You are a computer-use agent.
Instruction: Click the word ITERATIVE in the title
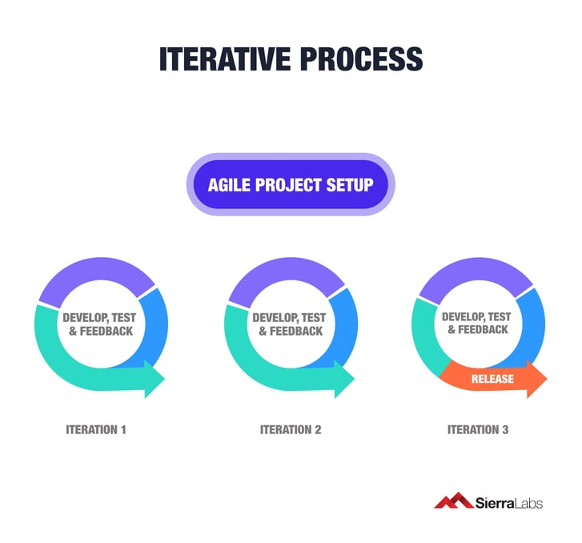click(x=220, y=60)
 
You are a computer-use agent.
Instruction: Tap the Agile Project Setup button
click(x=291, y=185)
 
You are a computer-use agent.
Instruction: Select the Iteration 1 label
click(x=96, y=430)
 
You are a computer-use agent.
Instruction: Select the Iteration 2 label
click(x=291, y=430)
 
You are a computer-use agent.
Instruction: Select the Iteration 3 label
click(x=478, y=430)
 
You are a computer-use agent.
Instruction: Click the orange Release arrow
click(x=496, y=379)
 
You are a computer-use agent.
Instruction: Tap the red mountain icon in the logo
click(x=452, y=501)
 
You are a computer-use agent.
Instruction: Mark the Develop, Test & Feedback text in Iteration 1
click(x=99, y=324)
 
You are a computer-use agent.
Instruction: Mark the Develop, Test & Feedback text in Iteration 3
click(x=478, y=324)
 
